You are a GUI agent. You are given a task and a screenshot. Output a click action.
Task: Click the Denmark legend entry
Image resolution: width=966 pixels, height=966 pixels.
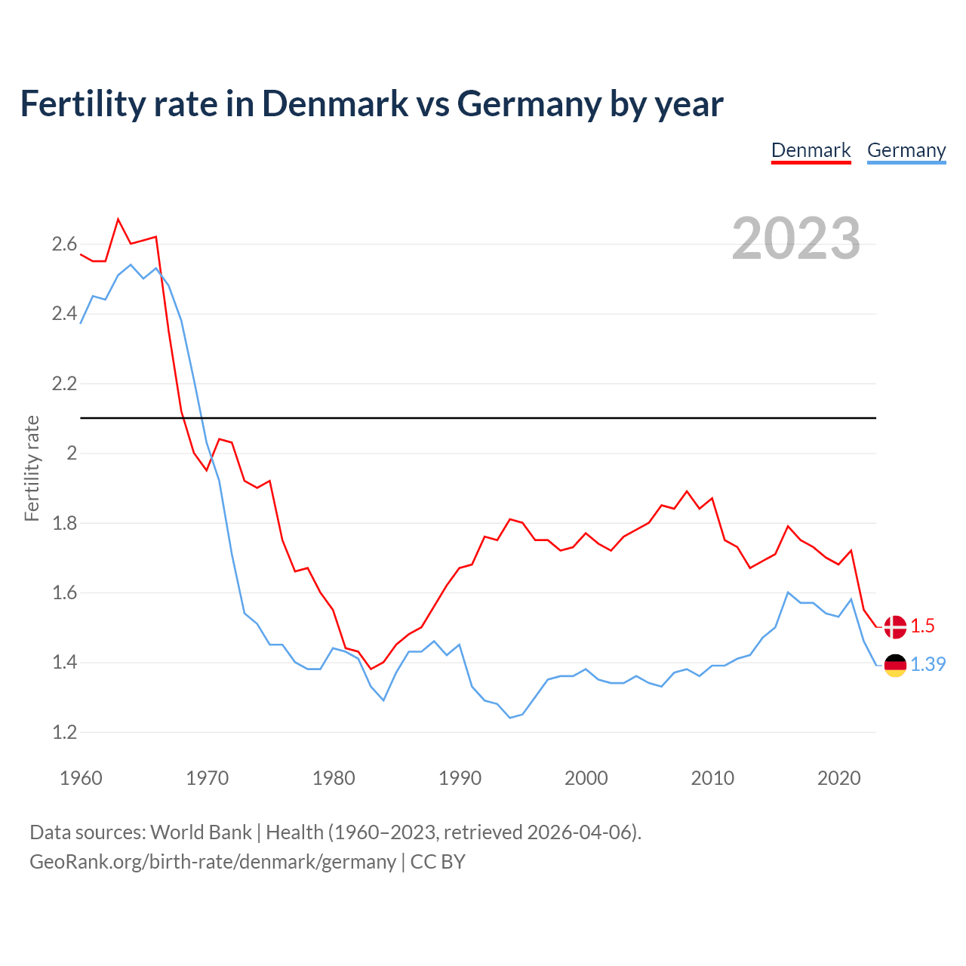pyautogui.click(x=811, y=150)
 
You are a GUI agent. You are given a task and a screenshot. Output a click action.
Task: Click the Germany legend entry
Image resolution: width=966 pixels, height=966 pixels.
pyautogui.click(x=906, y=150)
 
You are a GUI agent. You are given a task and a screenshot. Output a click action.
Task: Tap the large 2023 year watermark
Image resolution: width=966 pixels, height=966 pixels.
pyautogui.click(x=795, y=238)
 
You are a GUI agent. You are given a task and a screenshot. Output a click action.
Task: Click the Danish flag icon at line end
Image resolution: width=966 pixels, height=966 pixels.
pyautogui.click(x=895, y=626)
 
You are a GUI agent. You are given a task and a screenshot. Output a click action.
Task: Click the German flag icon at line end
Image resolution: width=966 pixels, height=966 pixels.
pyautogui.click(x=895, y=665)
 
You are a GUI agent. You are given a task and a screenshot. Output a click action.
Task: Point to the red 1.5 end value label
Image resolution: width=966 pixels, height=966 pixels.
pyautogui.click(x=922, y=626)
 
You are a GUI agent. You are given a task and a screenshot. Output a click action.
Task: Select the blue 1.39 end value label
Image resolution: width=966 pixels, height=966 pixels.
pyautogui.click(x=928, y=664)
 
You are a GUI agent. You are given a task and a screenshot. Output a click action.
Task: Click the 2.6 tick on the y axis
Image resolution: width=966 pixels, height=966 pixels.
pyautogui.click(x=64, y=244)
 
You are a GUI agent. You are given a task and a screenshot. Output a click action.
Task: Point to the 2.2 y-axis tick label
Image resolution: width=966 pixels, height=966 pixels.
pyautogui.click(x=64, y=383)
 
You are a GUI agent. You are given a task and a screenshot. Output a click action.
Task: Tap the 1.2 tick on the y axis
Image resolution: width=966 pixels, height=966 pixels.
pyautogui.click(x=64, y=732)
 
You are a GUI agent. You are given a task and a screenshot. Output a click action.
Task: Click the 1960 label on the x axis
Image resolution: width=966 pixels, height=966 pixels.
pyautogui.click(x=81, y=778)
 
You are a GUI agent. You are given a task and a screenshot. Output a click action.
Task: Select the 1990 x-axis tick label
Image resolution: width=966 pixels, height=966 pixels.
pyautogui.click(x=460, y=778)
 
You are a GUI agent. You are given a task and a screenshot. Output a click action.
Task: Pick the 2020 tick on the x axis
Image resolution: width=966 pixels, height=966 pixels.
pyautogui.click(x=838, y=778)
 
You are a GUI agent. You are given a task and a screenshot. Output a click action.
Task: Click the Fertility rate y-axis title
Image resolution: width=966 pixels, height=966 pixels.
pyautogui.click(x=32, y=468)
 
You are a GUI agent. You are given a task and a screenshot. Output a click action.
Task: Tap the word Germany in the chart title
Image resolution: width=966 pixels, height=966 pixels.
pyautogui.click(x=530, y=103)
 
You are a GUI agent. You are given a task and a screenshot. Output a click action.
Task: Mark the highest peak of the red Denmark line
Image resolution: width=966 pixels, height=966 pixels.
pyautogui.click(x=118, y=220)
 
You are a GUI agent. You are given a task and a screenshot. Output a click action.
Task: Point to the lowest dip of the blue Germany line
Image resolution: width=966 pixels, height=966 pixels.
pyautogui.click(x=510, y=717)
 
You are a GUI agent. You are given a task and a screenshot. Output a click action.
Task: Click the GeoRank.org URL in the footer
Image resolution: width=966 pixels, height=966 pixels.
pyautogui.click(x=212, y=862)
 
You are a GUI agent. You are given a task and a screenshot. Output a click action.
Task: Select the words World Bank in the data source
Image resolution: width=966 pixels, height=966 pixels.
pyautogui.click(x=201, y=832)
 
